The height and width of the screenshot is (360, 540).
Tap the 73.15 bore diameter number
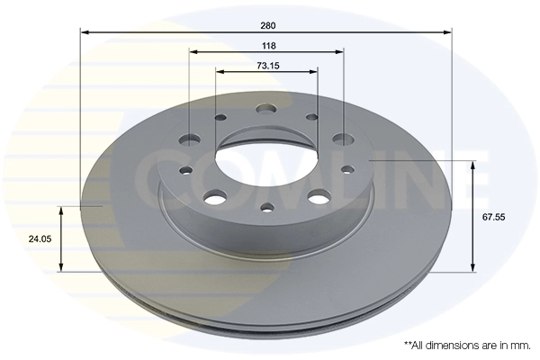(x=266, y=65)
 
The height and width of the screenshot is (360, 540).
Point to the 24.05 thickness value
(x=37, y=239)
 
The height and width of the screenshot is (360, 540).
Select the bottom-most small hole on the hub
(x=266, y=209)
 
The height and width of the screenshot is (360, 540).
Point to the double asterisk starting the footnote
(x=408, y=344)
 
